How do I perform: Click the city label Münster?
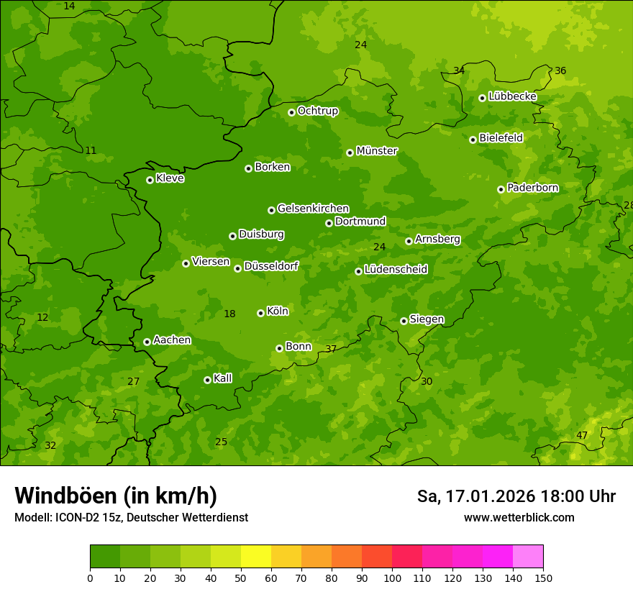click(376, 151)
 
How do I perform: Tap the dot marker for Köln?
click(260, 313)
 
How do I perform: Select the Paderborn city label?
click(532, 188)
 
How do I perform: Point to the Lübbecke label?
click(512, 96)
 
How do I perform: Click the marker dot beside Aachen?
click(147, 342)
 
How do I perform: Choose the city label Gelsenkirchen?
click(313, 209)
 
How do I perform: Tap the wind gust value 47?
click(582, 435)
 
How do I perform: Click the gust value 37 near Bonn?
click(331, 349)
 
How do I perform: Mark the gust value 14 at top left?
click(69, 6)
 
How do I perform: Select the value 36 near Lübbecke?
click(560, 70)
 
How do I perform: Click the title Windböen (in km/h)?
click(116, 496)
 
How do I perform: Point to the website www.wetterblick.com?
click(519, 517)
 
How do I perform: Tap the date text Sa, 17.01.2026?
click(475, 496)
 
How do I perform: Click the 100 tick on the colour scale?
click(392, 578)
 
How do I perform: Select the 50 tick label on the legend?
click(241, 578)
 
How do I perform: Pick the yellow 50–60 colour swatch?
click(256, 556)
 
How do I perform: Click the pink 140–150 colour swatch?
click(528, 556)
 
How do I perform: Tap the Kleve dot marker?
click(150, 180)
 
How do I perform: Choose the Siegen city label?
click(427, 319)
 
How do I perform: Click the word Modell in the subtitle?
click(32, 517)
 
